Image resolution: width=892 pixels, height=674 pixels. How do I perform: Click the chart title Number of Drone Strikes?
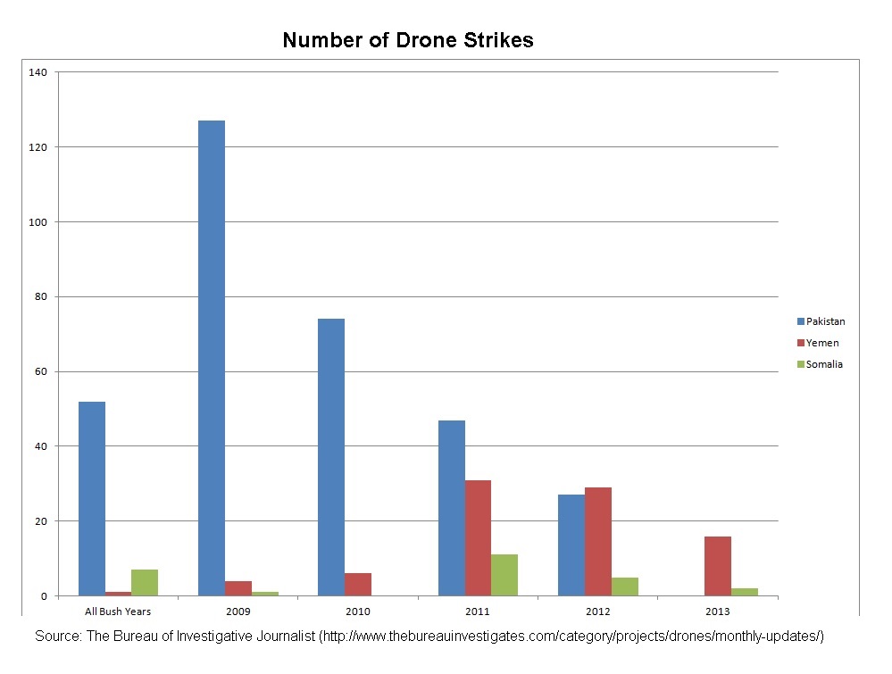[407, 40]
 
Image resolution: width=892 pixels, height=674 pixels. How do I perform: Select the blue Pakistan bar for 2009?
[212, 357]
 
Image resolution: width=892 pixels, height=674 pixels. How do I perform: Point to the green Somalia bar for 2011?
[504, 575]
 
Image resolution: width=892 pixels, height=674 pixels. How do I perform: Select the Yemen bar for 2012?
[598, 541]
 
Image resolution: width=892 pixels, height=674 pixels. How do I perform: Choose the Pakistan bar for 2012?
[571, 545]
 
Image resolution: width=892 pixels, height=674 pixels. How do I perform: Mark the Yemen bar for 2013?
[718, 566]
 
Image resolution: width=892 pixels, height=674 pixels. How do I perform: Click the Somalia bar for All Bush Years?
[145, 582]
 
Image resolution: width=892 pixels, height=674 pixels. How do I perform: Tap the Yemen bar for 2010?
[358, 585]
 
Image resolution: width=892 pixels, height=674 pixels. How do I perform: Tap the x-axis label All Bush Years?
[118, 612]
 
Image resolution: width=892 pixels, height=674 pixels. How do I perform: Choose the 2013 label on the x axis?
[718, 612]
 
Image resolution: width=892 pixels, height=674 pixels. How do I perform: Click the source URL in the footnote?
[571, 637]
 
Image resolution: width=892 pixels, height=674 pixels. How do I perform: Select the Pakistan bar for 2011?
[452, 508]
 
